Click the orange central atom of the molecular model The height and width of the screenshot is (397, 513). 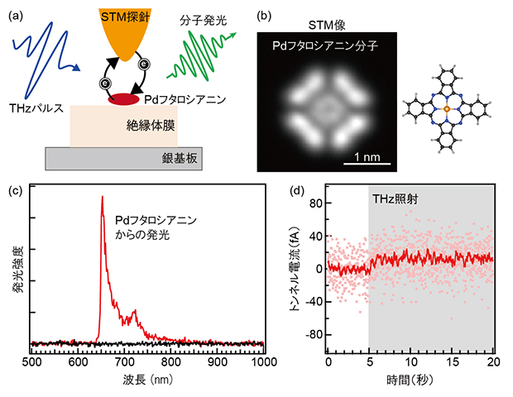[446, 108]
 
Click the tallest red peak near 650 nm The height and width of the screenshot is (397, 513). [102, 198]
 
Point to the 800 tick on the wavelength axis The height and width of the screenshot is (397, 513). [170, 362]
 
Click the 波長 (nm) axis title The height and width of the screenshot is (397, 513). [146, 382]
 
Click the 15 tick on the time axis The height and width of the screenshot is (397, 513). [452, 362]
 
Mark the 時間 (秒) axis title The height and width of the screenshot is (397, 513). [410, 382]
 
